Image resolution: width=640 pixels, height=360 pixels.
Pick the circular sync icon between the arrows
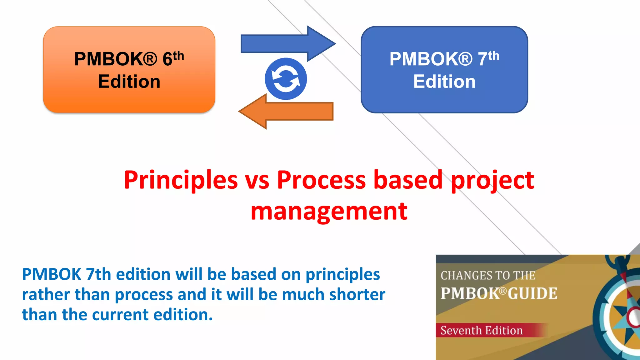(x=286, y=79)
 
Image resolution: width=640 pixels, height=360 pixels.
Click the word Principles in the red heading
(x=181, y=180)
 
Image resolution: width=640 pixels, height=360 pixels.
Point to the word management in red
(x=329, y=212)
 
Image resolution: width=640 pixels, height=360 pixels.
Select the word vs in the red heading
(x=257, y=180)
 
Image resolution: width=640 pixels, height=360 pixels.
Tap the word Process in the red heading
(x=321, y=180)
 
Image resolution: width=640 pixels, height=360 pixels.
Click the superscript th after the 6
(x=178, y=56)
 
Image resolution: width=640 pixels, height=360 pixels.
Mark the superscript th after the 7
(x=493, y=56)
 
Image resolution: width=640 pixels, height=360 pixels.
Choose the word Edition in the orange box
(x=129, y=82)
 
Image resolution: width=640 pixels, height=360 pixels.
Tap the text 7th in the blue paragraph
(x=98, y=274)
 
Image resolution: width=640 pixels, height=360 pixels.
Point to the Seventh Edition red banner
(x=491, y=330)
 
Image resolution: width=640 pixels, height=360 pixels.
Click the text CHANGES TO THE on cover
(x=488, y=276)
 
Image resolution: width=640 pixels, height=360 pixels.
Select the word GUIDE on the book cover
(x=532, y=293)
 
